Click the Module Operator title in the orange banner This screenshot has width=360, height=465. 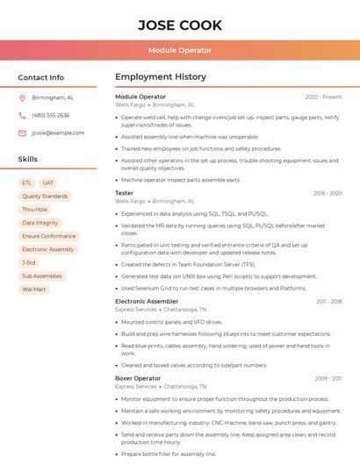point(179,50)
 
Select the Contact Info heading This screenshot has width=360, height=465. point(41,77)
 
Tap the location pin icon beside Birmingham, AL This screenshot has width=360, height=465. point(22,98)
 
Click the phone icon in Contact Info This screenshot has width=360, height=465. point(22,115)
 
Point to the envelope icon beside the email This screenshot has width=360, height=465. point(22,132)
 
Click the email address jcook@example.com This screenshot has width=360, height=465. point(58,132)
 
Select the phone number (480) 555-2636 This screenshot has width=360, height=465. point(50,115)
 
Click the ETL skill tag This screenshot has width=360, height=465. point(27,182)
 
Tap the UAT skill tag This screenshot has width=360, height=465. point(48,182)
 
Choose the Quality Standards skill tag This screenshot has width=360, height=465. point(45,197)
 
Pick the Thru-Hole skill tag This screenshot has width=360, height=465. point(35,210)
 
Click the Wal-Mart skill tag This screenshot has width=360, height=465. point(34,289)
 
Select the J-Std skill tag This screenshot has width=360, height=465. point(29,262)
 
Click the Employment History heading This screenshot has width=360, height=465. point(160,77)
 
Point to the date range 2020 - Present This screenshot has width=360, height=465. point(323,97)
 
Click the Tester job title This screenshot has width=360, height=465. point(125,193)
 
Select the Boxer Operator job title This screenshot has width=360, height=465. point(138,378)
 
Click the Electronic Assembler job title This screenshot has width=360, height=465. point(146,301)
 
